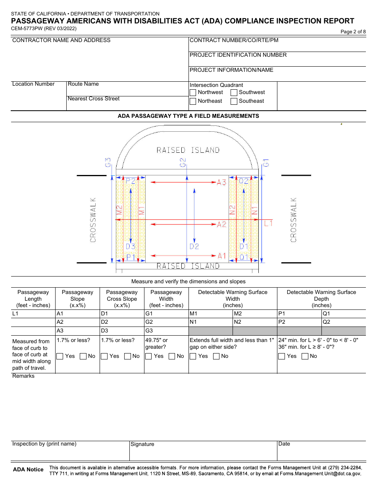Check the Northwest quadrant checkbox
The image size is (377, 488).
pos(193,92)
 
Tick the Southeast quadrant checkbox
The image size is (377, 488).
pos(234,101)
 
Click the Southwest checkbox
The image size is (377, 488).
pos(234,92)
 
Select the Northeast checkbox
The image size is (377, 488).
pos(193,101)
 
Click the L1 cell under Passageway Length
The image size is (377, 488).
pos(33,313)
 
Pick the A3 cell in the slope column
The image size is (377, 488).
pos(77,331)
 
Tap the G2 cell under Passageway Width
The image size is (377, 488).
pos(166,322)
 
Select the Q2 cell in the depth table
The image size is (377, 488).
pos(344,322)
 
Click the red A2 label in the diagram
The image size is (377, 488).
pos(221,225)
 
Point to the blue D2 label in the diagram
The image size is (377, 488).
pos(194,246)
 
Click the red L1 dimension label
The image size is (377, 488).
pos(269,223)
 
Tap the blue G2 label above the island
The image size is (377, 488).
pos(183,162)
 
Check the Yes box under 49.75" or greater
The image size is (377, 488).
pos(149,356)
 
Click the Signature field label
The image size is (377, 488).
pos(142,444)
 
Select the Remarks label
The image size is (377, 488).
pos(23,376)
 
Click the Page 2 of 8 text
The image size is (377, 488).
pos(353,32)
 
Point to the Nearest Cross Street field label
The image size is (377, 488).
pos(94,99)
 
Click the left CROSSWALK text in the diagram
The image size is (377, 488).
pos(93,220)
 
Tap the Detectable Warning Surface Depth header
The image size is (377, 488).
pos(321,299)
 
